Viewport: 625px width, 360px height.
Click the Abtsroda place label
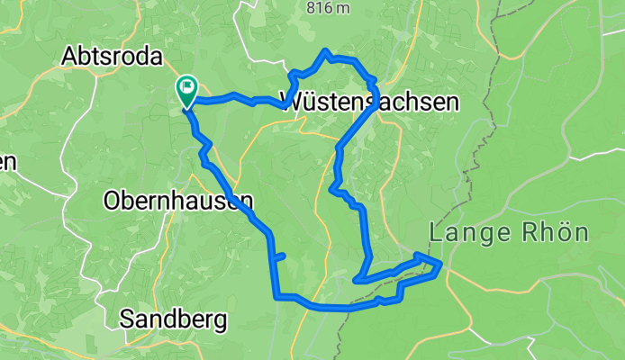point(113,57)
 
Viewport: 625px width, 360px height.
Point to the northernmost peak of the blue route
point(326,51)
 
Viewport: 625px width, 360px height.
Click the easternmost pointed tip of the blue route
point(440,263)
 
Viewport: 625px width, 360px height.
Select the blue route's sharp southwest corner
point(276,295)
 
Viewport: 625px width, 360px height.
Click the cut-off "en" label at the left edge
point(7,163)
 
